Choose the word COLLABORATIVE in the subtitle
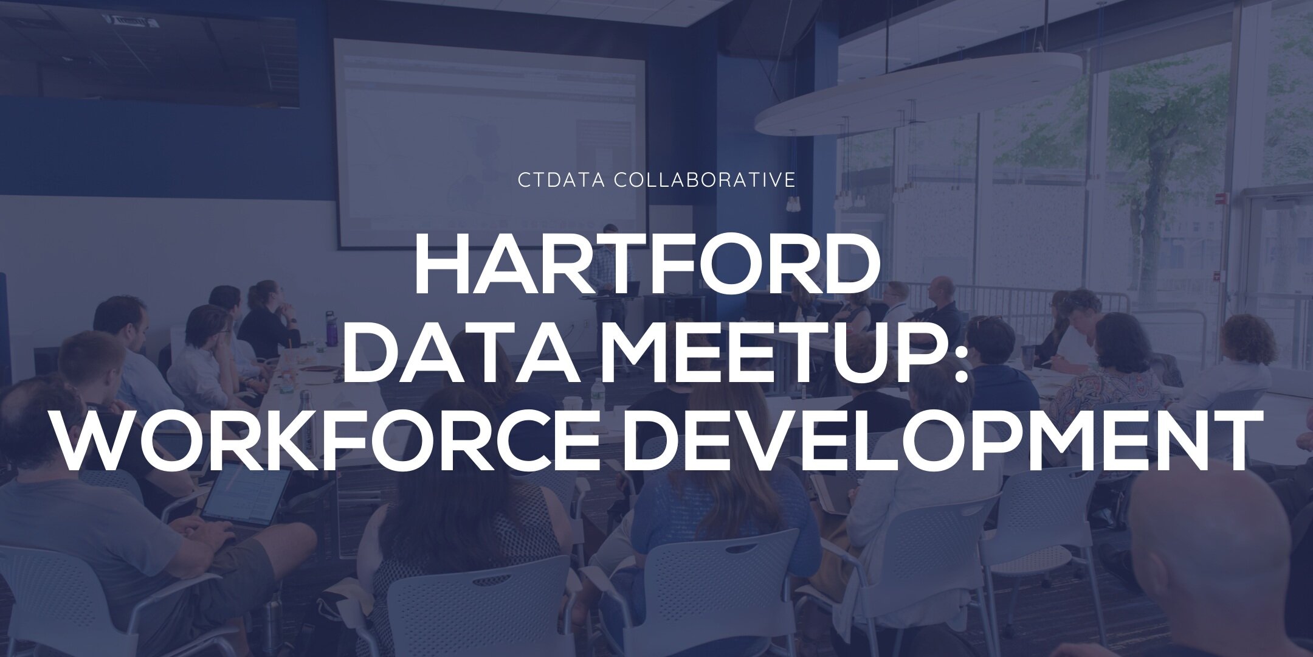pyautogui.click(x=705, y=181)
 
